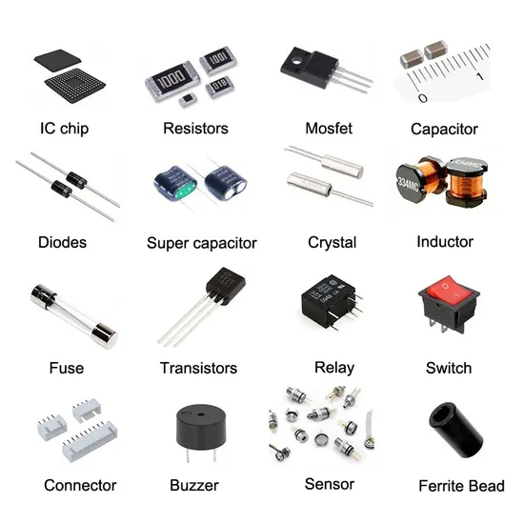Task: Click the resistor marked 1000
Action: (x=172, y=81)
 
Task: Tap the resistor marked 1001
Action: (x=218, y=60)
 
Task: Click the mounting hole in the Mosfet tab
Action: (x=296, y=61)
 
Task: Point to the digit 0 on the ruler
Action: (x=423, y=98)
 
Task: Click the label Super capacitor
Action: (x=202, y=243)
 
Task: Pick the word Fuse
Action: (x=67, y=368)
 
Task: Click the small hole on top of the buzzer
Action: (x=201, y=414)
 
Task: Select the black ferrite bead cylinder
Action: (x=455, y=430)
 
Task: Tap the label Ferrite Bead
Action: (x=461, y=486)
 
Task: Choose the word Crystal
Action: (x=333, y=243)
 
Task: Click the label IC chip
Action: (x=65, y=129)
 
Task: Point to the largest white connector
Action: (x=90, y=441)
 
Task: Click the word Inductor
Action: (x=445, y=242)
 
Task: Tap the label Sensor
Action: (x=330, y=484)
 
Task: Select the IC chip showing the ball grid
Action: (x=75, y=85)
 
